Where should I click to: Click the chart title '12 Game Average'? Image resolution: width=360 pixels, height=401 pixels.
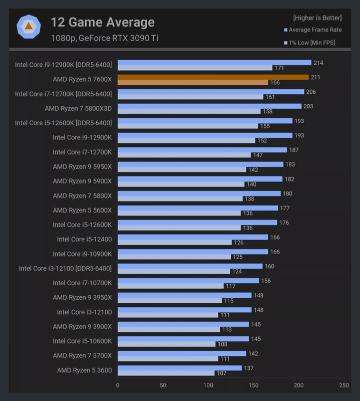[103, 22]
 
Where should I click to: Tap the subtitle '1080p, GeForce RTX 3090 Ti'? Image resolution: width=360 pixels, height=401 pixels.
[104, 38]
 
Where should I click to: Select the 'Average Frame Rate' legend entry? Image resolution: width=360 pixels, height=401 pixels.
[315, 30]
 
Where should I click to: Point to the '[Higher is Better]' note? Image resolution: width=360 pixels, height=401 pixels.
[317, 18]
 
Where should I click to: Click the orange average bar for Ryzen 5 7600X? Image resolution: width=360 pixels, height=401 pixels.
[213, 77]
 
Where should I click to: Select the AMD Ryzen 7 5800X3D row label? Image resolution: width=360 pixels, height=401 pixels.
[78, 108]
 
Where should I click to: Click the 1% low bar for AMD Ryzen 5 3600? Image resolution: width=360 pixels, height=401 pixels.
[166, 373]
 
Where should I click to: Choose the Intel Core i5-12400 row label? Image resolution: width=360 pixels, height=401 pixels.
[84, 239]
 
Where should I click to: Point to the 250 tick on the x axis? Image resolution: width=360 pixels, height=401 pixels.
[344, 385]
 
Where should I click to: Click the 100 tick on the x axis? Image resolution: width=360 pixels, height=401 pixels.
[208, 385]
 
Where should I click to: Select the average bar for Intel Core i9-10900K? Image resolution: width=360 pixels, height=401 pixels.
[193, 252]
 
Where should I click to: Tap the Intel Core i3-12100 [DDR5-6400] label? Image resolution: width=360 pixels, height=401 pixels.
[65, 268]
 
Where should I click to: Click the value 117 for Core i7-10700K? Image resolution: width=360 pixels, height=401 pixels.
[231, 286]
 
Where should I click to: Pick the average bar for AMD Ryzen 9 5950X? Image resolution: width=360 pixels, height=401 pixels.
[200, 164]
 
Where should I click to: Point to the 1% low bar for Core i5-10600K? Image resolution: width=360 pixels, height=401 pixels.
[166, 344]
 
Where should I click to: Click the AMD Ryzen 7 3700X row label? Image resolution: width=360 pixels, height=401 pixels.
[82, 355]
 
